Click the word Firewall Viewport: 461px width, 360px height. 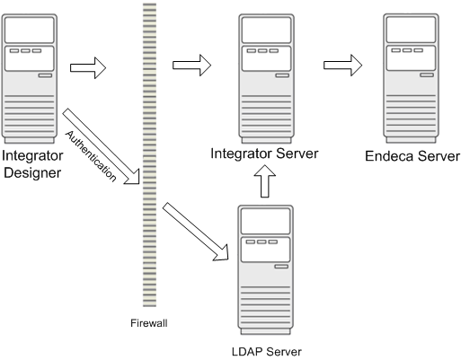[x=148, y=322]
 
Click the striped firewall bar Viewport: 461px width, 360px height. [x=148, y=153]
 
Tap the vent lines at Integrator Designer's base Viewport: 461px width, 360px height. [x=32, y=121]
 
